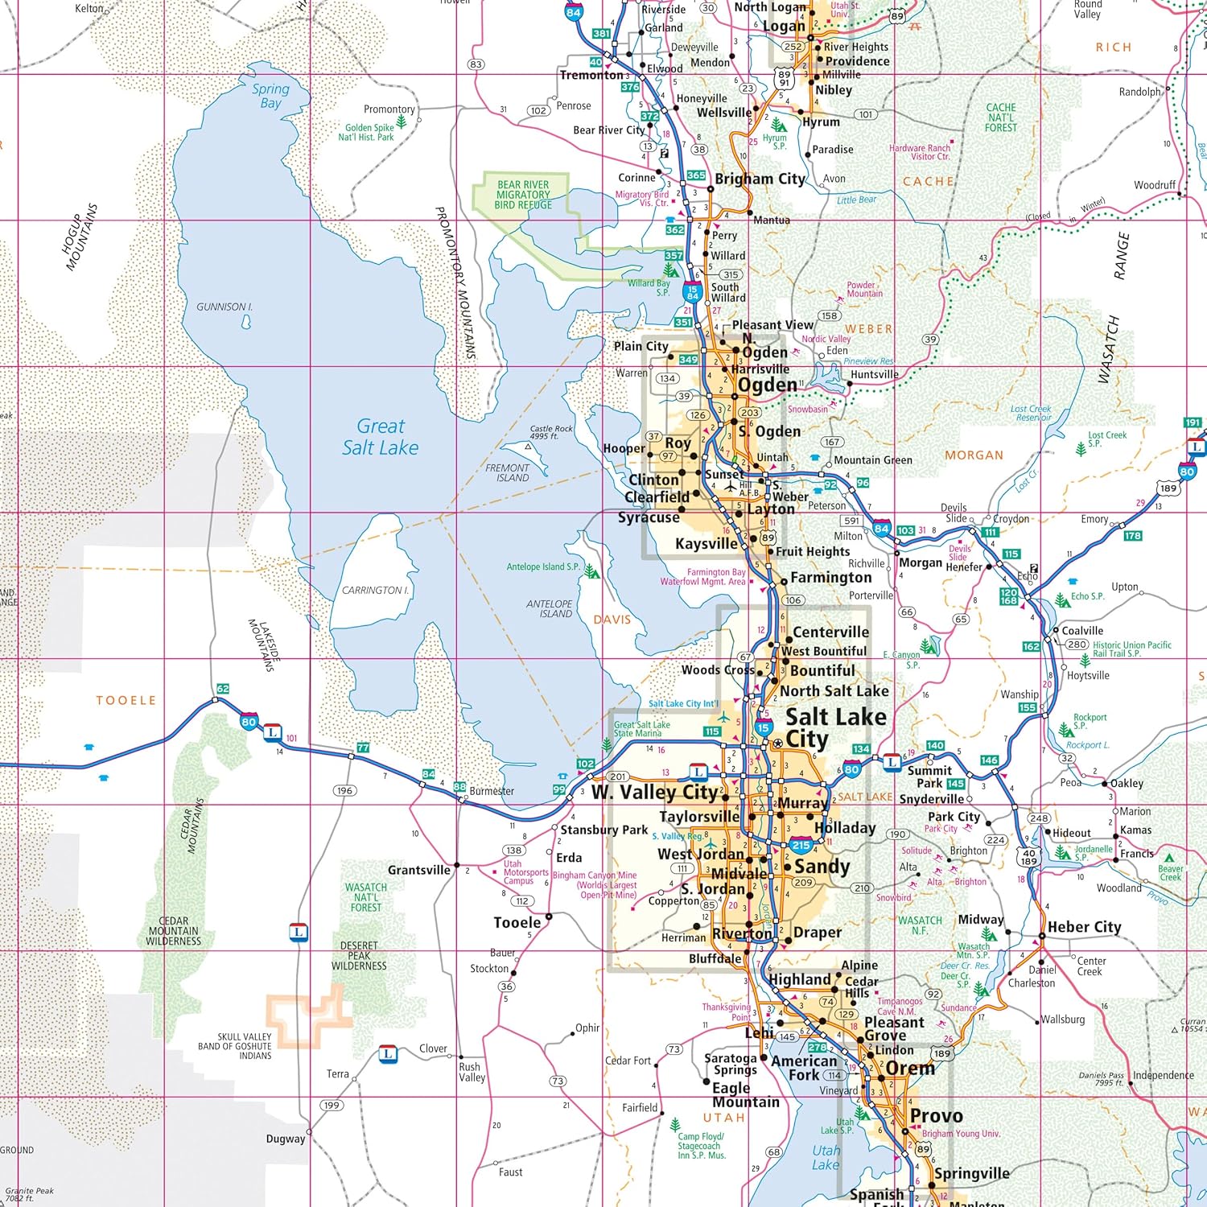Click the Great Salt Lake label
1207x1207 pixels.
(380, 437)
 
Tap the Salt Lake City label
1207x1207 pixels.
(835, 728)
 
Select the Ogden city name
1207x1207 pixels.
(767, 385)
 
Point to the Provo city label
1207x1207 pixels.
(936, 1116)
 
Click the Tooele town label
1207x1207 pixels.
(517, 922)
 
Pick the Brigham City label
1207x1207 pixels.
(760, 179)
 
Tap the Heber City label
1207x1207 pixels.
(1084, 927)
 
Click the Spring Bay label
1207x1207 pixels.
(270, 96)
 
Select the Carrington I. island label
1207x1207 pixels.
(375, 590)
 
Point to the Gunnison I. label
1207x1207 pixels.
(225, 307)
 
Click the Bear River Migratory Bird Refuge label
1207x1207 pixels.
(523, 195)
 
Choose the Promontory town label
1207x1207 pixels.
(389, 109)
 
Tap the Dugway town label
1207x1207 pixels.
(286, 1139)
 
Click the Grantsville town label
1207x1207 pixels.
(418, 870)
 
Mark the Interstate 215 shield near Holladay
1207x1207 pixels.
(801, 845)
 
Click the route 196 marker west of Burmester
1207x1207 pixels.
(344, 790)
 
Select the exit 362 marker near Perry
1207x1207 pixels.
(675, 229)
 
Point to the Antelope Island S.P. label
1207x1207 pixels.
(543, 566)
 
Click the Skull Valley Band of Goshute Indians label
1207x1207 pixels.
(245, 1046)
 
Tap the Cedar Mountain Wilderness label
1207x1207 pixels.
(173, 931)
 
